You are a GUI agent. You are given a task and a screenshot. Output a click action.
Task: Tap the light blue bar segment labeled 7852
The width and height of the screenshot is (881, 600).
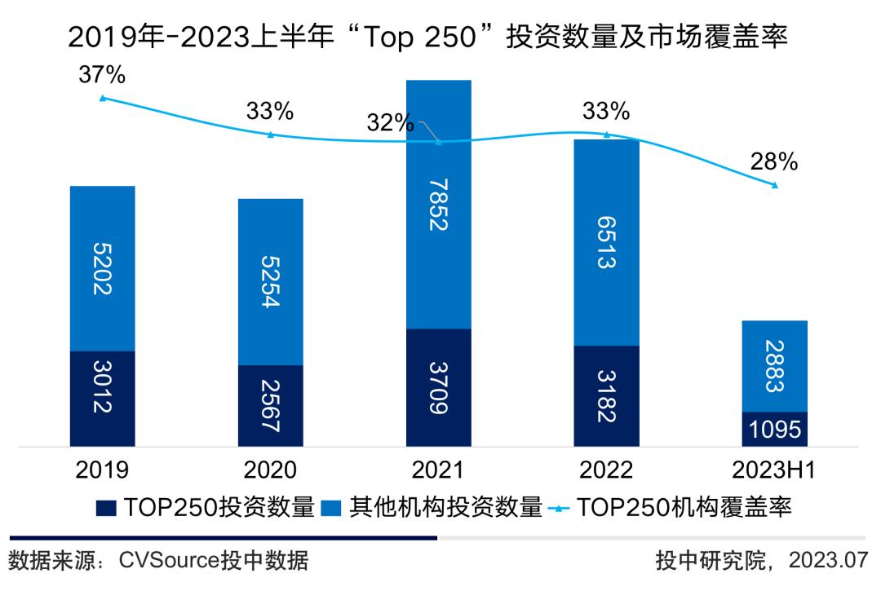pyautogui.click(x=439, y=204)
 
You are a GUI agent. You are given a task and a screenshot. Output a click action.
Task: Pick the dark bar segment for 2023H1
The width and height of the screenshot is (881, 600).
pyautogui.click(x=774, y=430)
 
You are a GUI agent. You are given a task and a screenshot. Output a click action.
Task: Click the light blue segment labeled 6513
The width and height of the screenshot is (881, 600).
pyautogui.click(x=607, y=242)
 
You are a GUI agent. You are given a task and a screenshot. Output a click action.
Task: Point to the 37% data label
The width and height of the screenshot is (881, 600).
pyautogui.click(x=102, y=75)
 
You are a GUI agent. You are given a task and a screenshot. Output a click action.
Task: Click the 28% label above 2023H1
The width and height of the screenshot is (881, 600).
pyautogui.click(x=774, y=161)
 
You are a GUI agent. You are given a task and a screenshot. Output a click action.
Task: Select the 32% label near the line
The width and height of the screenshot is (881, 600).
pyautogui.click(x=390, y=122)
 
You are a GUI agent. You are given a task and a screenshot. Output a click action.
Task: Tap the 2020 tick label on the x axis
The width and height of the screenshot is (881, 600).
pyautogui.click(x=270, y=470)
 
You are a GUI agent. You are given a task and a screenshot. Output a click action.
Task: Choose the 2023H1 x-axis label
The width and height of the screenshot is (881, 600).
pyautogui.click(x=774, y=470)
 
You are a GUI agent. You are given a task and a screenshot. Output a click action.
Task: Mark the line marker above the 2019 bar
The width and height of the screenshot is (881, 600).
pyautogui.click(x=102, y=98)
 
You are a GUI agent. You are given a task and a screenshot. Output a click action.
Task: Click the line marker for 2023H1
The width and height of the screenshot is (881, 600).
pyautogui.click(x=774, y=185)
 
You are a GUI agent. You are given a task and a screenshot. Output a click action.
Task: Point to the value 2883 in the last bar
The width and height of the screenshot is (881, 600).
pyautogui.click(x=774, y=366)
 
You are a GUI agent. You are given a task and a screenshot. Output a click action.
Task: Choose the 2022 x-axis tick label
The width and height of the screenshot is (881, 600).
pyautogui.click(x=607, y=470)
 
